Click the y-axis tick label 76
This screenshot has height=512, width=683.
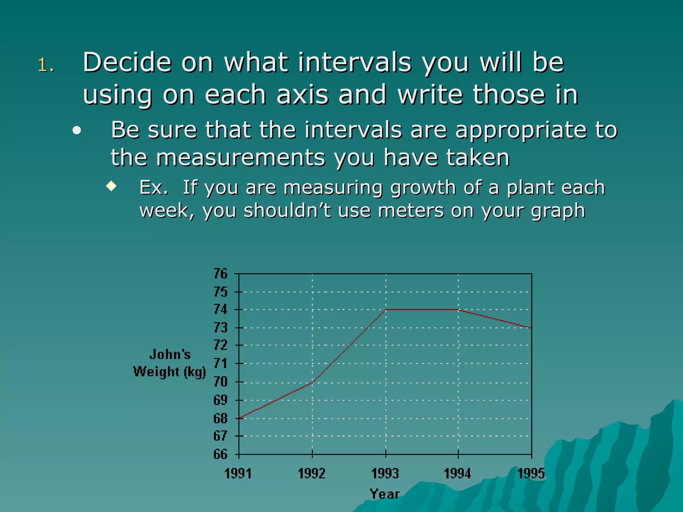(220, 274)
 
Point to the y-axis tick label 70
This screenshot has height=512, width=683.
(220, 382)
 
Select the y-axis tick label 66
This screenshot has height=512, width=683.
(220, 454)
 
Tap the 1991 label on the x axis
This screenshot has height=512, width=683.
(238, 474)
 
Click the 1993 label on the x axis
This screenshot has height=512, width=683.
(385, 474)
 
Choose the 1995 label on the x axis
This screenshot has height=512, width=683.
(531, 474)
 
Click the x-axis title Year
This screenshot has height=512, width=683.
(385, 494)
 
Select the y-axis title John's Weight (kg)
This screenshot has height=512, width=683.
(170, 363)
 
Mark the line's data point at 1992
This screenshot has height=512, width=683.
(312, 383)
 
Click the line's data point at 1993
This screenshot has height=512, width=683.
(386, 310)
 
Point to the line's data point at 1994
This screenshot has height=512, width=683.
(458, 310)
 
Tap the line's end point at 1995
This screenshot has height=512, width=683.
(531, 328)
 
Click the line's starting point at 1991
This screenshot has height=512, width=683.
(239, 418)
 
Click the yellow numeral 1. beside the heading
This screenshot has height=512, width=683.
(45, 65)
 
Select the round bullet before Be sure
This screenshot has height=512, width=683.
(77, 131)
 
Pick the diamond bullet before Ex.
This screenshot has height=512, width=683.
(111, 186)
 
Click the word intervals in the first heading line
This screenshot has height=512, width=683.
(355, 62)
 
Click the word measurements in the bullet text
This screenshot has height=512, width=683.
(240, 157)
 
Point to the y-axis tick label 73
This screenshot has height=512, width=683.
(220, 328)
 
